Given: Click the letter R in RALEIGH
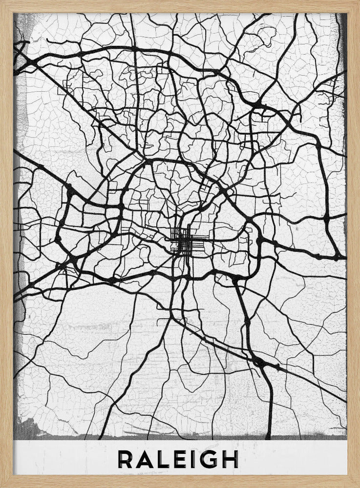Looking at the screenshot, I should [126, 459].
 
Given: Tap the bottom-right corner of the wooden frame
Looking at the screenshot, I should [357, 485].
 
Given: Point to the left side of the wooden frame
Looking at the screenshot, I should [6, 244].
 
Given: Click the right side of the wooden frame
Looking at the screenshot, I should [354, 244].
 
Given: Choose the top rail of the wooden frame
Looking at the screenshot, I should [180, 6].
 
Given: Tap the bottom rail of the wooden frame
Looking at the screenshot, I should [180, 482].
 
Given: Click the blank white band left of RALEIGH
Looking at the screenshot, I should [64, 459].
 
